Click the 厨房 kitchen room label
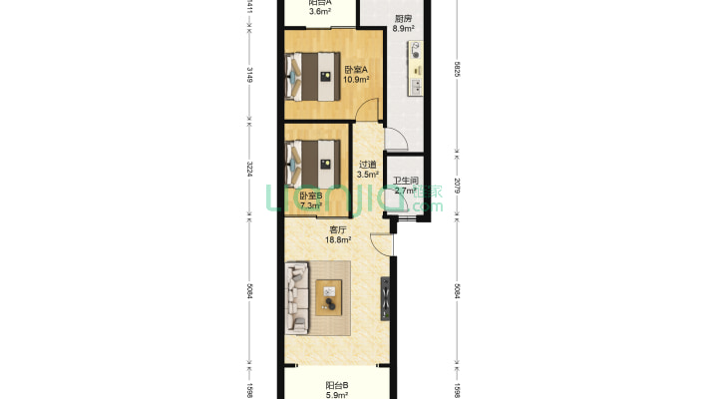(x=404, y=18)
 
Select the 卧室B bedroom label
(x=311, y=197)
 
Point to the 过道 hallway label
(x=368, y=165)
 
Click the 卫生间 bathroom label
(x=405, y=181)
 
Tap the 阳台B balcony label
(x=336, y=385)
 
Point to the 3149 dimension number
(x=250, y=76)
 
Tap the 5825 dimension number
(x=457, y=71)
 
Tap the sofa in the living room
(x=298, y=296)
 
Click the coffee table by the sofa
(x=329, y=295)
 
